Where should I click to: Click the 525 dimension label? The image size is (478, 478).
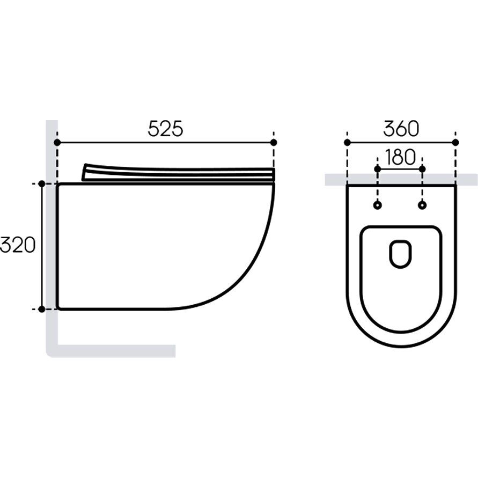coord(166,128)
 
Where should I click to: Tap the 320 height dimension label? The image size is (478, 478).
coord(18,245)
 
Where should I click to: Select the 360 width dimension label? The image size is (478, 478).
coord(401,128)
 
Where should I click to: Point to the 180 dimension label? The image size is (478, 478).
coord(400,157)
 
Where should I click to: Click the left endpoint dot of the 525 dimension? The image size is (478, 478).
coord(57,142)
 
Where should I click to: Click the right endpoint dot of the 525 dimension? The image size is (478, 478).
coord(274,142)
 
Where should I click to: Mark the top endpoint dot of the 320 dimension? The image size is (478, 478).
coord(42,184)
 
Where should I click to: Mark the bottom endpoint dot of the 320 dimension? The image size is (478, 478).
coord(42,309)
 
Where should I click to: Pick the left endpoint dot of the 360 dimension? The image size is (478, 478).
coord(347,142)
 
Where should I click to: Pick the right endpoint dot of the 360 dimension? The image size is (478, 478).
coord(455,142)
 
